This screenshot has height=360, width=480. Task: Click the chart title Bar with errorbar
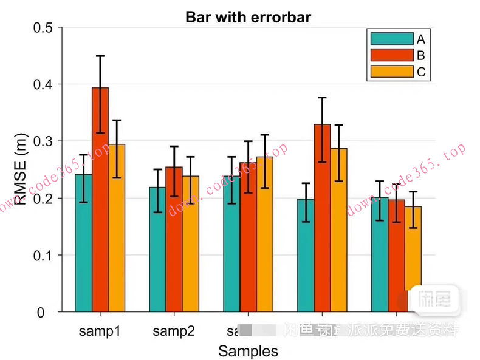coord(248,17)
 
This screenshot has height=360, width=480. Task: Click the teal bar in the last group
coord(380,255)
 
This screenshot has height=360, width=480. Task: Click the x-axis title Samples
coord(248,350)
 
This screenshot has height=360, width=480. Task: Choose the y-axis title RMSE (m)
coord(22,170)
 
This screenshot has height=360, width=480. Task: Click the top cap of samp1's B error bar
coord(100,56)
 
